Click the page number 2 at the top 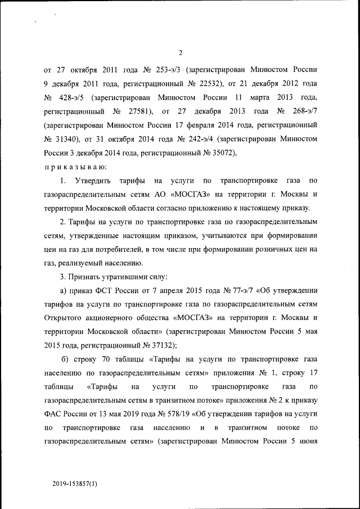pos(181,53)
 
